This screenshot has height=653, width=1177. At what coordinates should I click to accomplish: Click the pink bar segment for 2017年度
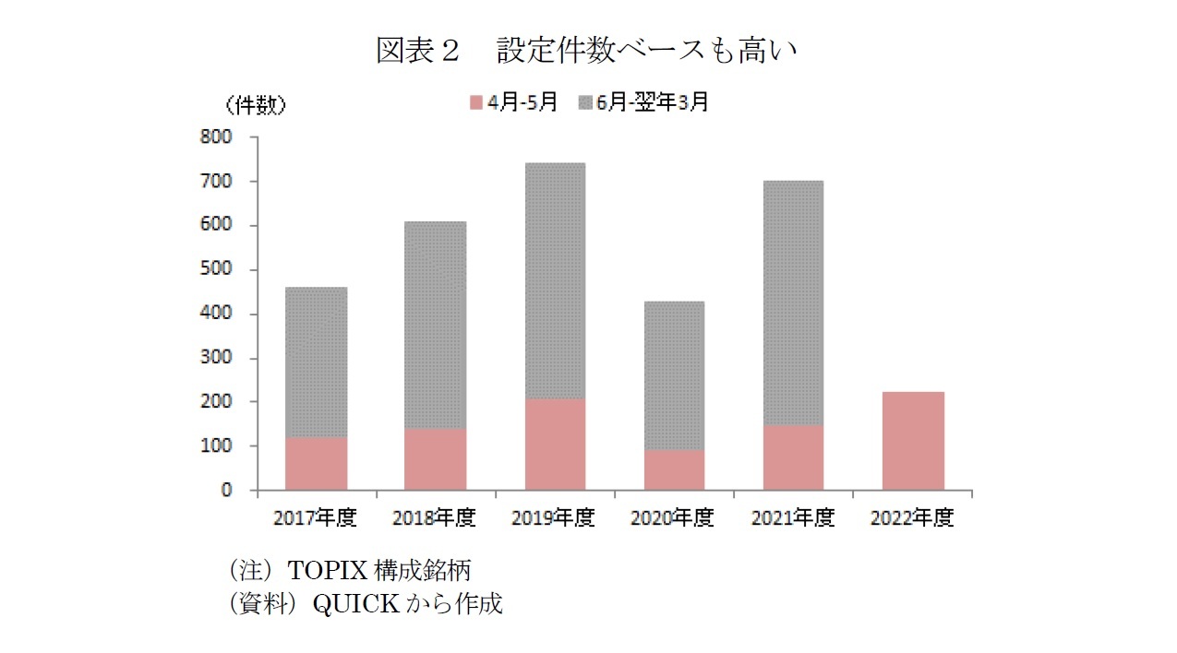(316, 464)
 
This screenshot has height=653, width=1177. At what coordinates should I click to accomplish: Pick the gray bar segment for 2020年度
(674, 375)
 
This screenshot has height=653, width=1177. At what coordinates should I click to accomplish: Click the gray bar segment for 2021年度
(793, 303)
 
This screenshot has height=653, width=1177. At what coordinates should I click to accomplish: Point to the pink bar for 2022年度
(913, 441)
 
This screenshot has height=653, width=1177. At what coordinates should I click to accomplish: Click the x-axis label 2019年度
(553, 518)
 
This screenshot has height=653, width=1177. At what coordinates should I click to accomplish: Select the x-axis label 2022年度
(911, 518)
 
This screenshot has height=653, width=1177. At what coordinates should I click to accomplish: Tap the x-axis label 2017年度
(315, 518)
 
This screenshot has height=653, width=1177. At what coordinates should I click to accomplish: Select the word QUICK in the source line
(356, 604)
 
